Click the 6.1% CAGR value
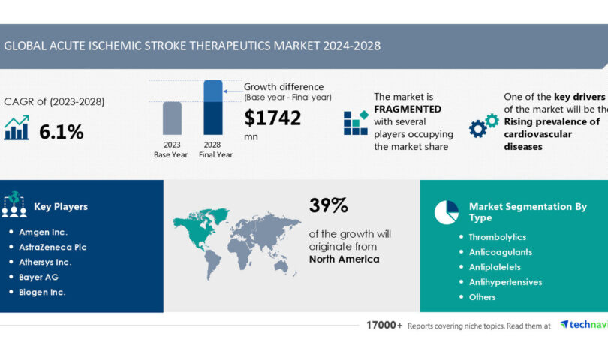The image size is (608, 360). click(x=62, y=132)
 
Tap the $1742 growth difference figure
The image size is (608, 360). click(x=273, y=118)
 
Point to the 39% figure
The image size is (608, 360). click(x=328, y=205)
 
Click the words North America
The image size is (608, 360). click(x=344, y=259)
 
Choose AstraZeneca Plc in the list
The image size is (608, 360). click(x=53, y=248)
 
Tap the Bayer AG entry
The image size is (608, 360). click(x=39, y=277)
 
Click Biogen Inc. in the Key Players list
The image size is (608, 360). click(x=42, y=292)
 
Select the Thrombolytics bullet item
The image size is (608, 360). click(x=498, y=237)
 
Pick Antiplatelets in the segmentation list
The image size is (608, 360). click(x=495, y=267)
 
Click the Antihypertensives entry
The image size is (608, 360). click(x=505, y=282)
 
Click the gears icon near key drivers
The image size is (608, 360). click(x=483, y=125)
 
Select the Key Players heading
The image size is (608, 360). click(x=61, y=207)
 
